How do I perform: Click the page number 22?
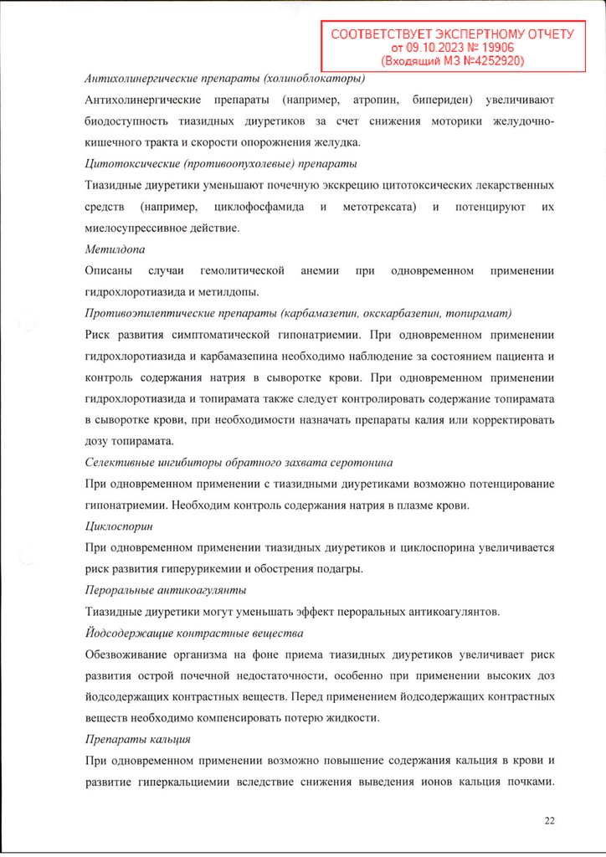[550, 820]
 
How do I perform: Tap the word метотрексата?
[378, 206]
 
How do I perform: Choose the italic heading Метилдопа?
[112, 249]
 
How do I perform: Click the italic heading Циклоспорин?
[118, 527]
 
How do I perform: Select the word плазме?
[407, 505]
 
